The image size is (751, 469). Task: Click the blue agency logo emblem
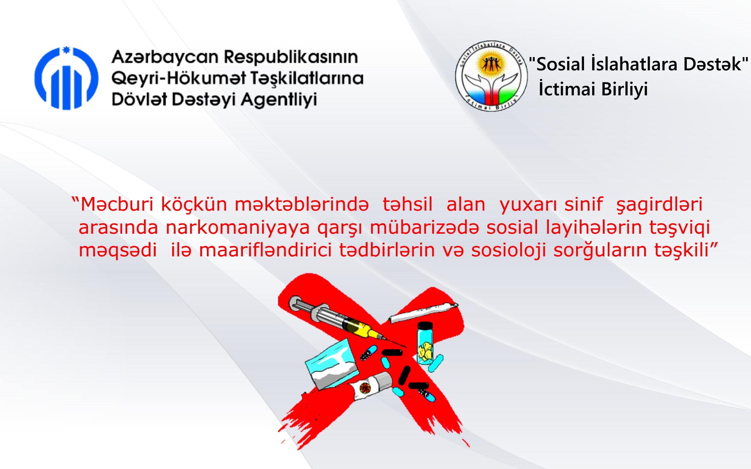[x=66, y=78]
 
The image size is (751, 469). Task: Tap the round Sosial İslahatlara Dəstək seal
[x=491, y=76]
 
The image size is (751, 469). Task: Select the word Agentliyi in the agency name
[x=279, y=100]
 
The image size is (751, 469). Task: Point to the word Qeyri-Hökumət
[x=179, y=79]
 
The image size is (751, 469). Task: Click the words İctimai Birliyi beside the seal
[x=593, y=89]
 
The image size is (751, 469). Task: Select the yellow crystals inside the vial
[x=425, y=351]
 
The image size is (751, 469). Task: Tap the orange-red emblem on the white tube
[x=365, y=388]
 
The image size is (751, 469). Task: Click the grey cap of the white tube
[x=383, y=381]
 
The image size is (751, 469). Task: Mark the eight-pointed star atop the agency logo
[x=66, y=50]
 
